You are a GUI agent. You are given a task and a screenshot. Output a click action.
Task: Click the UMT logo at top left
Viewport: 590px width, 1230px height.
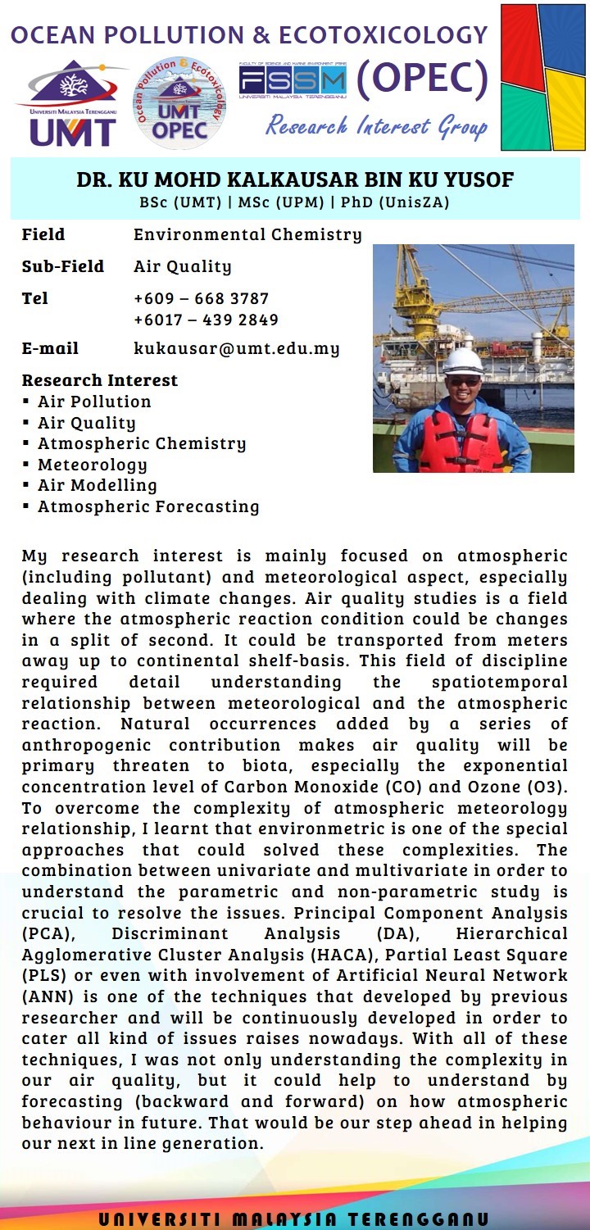point(72,102)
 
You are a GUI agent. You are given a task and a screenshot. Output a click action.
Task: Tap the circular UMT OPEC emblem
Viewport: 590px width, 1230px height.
point(179,102)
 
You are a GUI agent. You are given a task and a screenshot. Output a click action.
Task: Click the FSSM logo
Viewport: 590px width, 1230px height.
point(292,81)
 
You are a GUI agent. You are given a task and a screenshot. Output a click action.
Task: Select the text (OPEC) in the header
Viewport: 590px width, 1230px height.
point(422,79)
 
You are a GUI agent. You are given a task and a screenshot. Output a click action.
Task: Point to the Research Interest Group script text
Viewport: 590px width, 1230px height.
point(376,127)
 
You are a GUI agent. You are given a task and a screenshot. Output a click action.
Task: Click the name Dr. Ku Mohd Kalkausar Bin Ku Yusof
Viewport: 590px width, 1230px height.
point(294,180)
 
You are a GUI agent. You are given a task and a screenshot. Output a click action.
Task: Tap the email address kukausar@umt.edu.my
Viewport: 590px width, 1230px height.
point(237,348)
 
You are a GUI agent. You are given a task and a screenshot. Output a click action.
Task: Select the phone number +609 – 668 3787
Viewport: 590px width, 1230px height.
point(202,298)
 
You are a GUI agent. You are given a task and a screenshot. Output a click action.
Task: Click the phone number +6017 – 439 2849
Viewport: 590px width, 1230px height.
point(206,320)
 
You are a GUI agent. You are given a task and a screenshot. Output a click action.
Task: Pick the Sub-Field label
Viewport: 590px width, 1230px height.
point(63,266)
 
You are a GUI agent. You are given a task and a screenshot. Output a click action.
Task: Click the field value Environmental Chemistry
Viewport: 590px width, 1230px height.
point(247,234)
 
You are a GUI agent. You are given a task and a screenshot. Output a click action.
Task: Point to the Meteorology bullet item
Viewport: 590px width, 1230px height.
point(92,465)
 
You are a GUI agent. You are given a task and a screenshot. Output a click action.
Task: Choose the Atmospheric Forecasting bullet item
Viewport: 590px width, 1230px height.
point(148,506)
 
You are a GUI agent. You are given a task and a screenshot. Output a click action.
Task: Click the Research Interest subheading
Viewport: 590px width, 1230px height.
point(99,380)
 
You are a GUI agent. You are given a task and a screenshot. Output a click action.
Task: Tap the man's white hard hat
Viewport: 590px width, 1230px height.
point(463,361)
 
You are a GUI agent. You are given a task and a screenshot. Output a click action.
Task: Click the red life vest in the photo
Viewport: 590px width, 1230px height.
point(461,443)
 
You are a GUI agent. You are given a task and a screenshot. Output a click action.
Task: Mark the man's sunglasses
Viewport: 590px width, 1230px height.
point(465,381)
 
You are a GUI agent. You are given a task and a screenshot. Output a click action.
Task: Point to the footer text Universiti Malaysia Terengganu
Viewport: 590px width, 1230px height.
point(294,1219)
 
